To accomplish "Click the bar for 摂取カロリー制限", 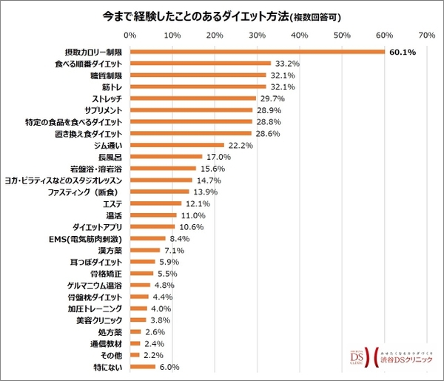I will (258, 52).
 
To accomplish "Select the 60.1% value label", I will (402, 52).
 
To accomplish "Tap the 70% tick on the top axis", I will (426, 34).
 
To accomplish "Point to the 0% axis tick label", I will (130, 34).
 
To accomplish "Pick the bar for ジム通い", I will (177, 145).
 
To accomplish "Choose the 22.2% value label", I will (240, 145).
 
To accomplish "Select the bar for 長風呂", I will (166, 157).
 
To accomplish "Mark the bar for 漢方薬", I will (145, 250).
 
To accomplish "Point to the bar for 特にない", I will (143, 366).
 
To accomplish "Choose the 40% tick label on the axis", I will (300, 34).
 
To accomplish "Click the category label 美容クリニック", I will (100, 320).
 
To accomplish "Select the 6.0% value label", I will (170, 366).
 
